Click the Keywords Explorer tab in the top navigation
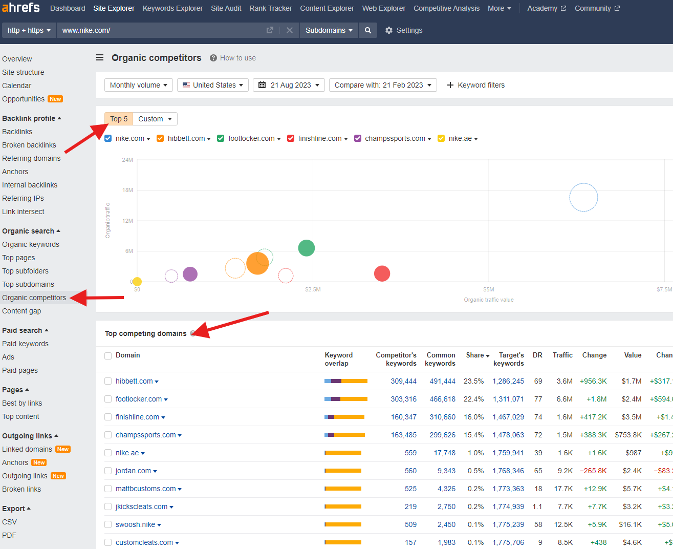(172, 8)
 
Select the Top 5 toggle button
(119, 119)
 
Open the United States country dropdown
(213, 85)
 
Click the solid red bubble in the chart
(382, 273)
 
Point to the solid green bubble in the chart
(306, 248)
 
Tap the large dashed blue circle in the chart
(583, 197)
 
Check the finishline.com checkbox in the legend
(291, 138)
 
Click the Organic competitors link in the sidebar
(34, 298)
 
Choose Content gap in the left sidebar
(21, 311)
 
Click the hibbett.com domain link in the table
(134, 381)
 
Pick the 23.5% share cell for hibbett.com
(473, 381)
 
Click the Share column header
(477, 355)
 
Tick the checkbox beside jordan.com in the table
(108, 471)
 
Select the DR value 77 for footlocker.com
(538, 399)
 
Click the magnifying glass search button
(368, 30)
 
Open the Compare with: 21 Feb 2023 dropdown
(383, 85)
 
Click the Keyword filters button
(475, 85)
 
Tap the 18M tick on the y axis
(127, 190)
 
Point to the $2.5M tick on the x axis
(313, 289)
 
